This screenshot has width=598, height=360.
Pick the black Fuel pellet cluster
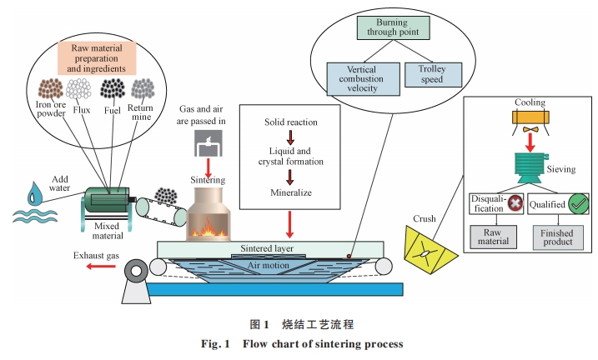113,88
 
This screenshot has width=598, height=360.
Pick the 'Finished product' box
559,237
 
